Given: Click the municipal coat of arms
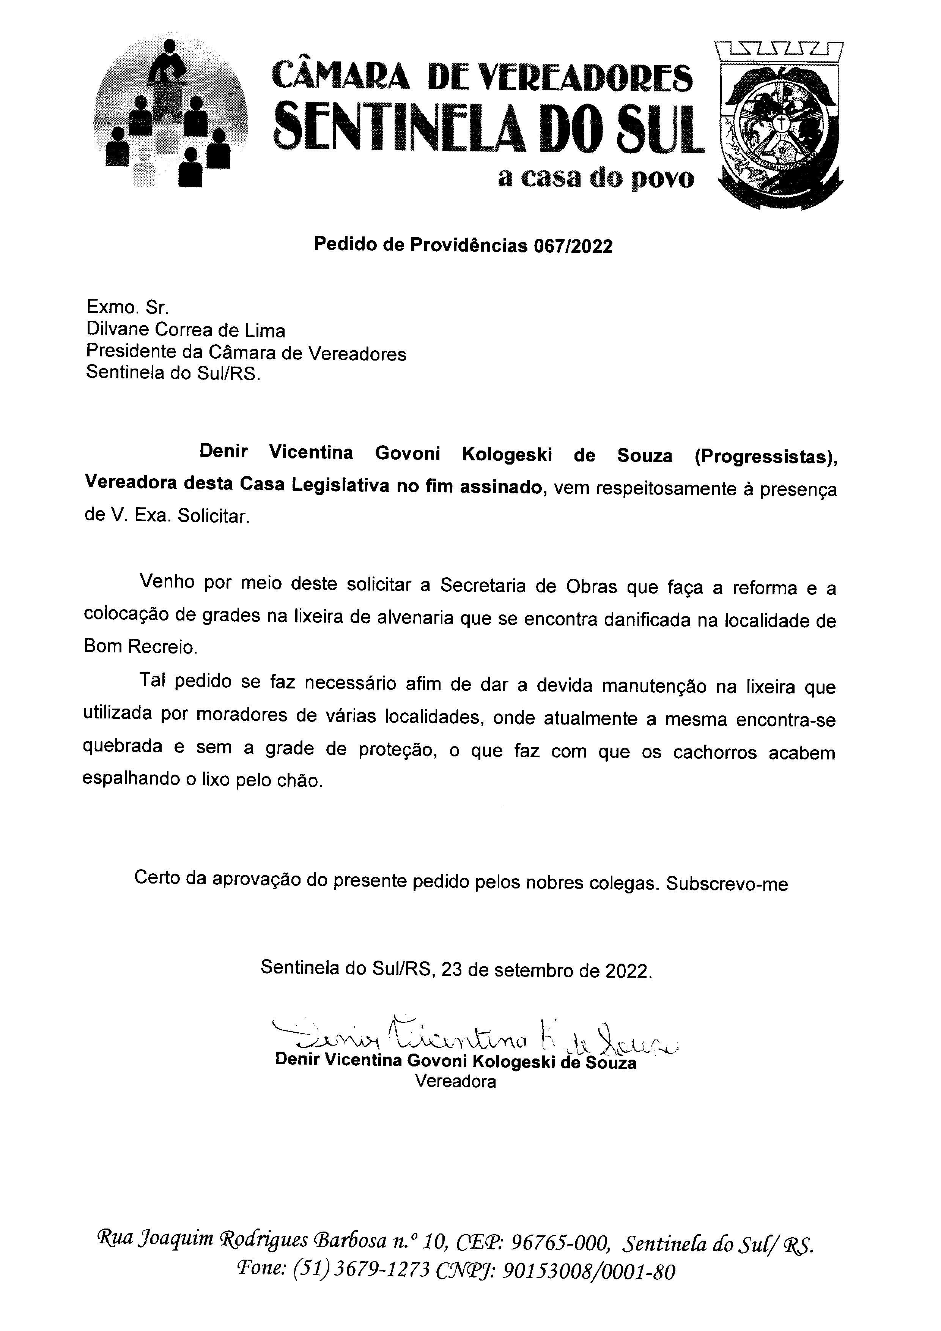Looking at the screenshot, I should [x=780, y=124].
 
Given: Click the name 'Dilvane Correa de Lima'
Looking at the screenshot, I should [x=186, y=331].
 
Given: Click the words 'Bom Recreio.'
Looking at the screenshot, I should [x=141, y=646].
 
